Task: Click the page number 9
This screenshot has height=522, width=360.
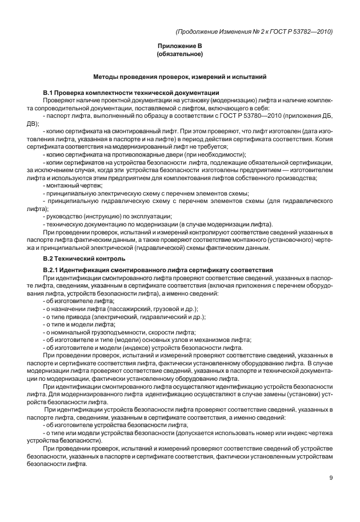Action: pos(331,478)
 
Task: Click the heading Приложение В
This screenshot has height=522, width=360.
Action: pos(180,45)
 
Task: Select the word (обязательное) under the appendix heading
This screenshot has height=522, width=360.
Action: pos(180,54)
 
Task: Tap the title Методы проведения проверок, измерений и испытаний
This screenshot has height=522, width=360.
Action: pos(180,77)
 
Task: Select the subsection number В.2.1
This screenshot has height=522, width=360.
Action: pos(54,270)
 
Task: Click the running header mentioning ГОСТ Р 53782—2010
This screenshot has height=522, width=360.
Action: pos(255,31)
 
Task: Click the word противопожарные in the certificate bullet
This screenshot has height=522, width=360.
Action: pos(128,154)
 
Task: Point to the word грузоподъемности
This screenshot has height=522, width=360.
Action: pos(118,332)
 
